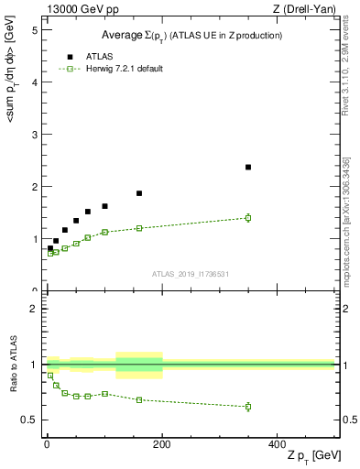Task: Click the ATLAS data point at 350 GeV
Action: point(248,167)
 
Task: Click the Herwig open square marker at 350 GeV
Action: point(248,217)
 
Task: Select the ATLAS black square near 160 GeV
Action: point(139,193)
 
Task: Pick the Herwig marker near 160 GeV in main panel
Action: point(139,228)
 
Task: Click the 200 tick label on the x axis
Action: point(162,443)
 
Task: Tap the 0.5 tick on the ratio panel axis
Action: point(29,420)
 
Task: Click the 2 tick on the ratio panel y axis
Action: point(34,309)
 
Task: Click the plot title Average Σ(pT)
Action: point(191,35)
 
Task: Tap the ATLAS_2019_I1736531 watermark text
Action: point(191,273)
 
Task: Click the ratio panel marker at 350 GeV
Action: point(248,406)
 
